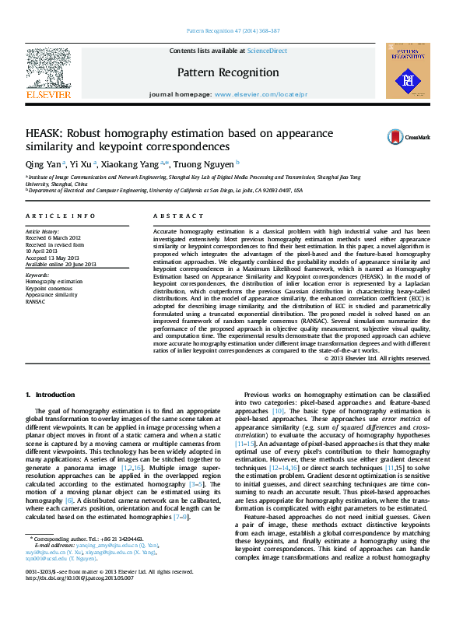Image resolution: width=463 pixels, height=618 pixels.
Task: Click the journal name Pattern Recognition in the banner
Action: [228, 72]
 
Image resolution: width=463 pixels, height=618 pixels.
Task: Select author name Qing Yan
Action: [40, 164]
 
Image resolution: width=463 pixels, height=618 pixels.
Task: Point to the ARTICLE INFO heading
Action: [61, 216]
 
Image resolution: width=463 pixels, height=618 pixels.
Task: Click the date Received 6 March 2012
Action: [53, 238]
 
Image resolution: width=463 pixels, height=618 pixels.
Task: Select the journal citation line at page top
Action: [233, 32]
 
